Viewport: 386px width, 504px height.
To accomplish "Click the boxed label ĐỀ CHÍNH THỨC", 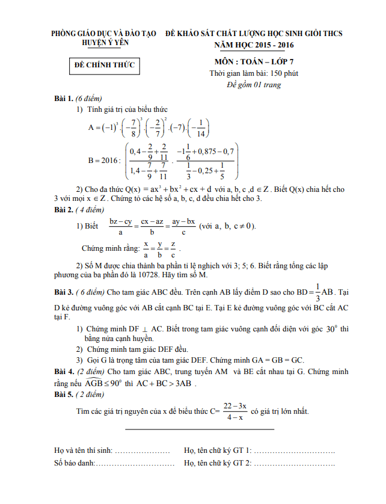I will [x=102, y=65].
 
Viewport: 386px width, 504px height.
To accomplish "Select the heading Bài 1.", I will [x=63, y=98].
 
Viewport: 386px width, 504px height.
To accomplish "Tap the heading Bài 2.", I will [x=63, y=209].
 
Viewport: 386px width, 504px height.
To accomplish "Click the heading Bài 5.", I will [x=63, y=395].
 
